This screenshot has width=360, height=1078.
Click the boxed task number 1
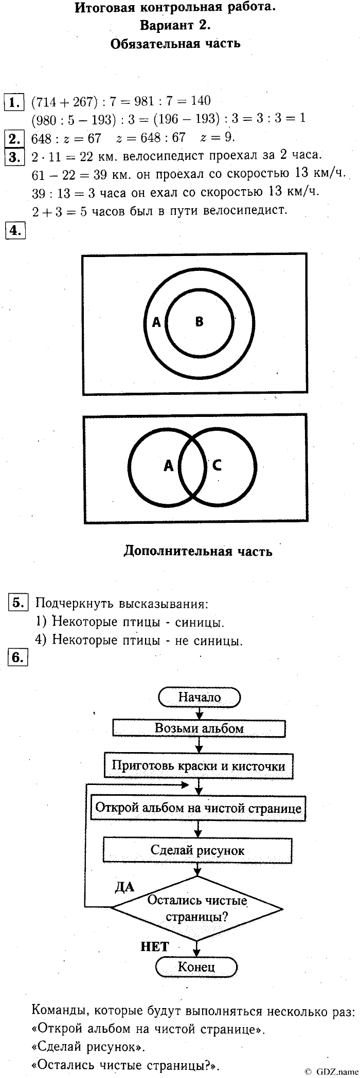click(x=14, y=101)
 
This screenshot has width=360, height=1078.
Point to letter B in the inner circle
click(x=200, y=322)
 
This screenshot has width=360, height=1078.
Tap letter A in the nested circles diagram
click(x=157, y=322)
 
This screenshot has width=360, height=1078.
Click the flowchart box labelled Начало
click(x=200, y=697)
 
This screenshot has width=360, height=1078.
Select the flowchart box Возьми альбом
click(x=199, y=728)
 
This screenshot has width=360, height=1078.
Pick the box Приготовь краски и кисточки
click(x=199, y=765)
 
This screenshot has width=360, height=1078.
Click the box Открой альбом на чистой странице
click(x=199, y=807)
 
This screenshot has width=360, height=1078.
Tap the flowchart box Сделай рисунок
click(x=198, y=850)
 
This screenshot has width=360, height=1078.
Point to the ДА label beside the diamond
click(x=124, y=886)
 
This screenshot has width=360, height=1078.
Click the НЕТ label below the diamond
click(x=154, y=947)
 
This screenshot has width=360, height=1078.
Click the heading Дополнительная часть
click(x=198, y=552)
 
